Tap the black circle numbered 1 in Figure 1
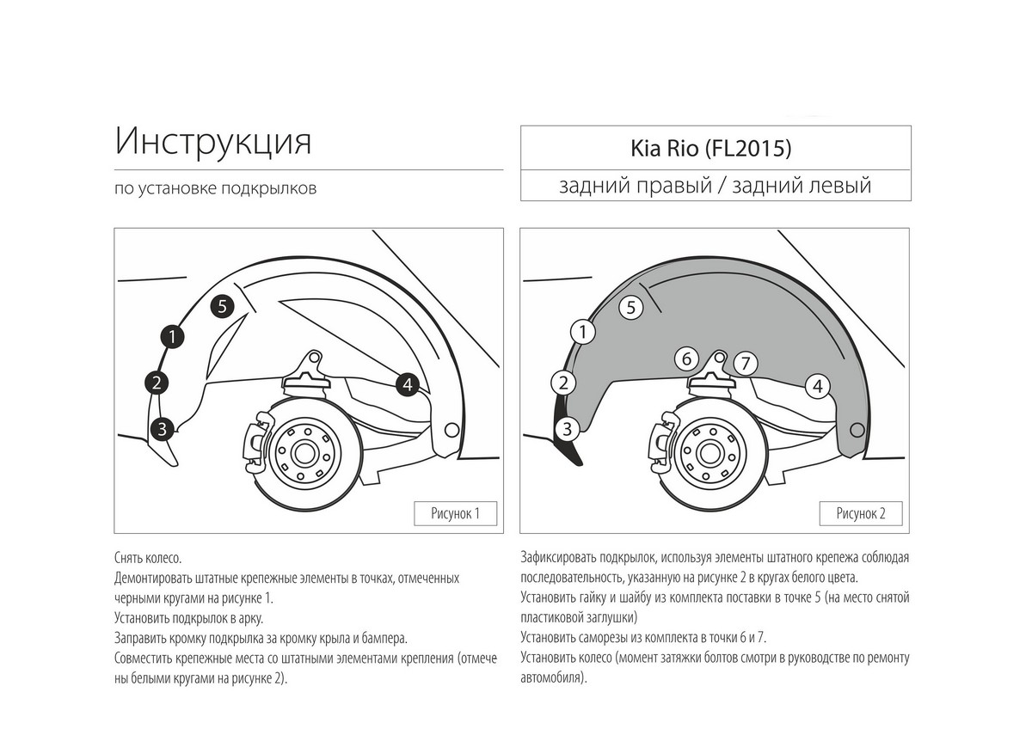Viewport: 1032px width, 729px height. pyautogui.click(x=173, y=337)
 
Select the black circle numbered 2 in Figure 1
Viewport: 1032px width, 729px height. pyautogui.click(x=157, y=382)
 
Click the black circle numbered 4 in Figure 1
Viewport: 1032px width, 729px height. pyautogui.click(x=408, y=384)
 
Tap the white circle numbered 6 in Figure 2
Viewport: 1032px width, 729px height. pyautogui.click(x=685, y=358)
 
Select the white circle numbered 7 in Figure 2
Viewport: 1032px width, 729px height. pyautogui.click(x=745, y=364)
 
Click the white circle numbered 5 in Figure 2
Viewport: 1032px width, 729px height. pyautogui.click(x=631, y=307)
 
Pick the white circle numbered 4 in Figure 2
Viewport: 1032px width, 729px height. pyautogui.click(x=817, y=387)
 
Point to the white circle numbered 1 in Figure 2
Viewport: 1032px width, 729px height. pyautogui.click(x=583, y=331)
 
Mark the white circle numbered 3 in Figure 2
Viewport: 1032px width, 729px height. pyautogui.click(x=567, y=428)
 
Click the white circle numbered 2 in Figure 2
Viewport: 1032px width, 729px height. pyautogui.click(x=562, y=382)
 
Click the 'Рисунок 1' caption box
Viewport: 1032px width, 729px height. pyautogui.click(x=455, y=514)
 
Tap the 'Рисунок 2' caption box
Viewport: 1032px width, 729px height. pyautogui.click(x=861, y=514)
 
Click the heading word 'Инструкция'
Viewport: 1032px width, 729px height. pyautogui.click(x=213, y=142)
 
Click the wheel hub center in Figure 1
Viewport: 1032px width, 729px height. pyautogui.click(x=306, y=450)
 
